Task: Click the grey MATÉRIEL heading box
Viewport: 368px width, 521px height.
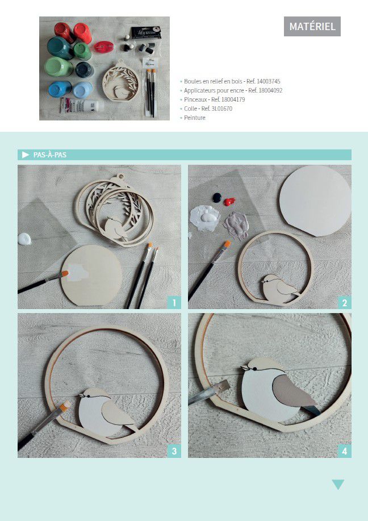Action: [x=312, y=26]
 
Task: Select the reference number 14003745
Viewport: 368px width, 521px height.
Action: [x=269, y=81]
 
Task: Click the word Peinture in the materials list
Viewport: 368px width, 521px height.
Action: [x=195, y=118]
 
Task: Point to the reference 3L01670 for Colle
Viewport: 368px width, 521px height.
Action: [x=221, y=109]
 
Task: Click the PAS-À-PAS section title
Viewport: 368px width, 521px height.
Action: [x=50, y=155]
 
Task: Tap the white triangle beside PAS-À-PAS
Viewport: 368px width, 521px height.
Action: [x=26, y=155]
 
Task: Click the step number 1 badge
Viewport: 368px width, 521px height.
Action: [x=174, y=303]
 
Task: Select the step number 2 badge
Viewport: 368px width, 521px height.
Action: [x=344, y=303]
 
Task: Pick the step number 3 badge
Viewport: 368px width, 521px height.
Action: [x=174, y=451]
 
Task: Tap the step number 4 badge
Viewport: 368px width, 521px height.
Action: [x=344, y=451]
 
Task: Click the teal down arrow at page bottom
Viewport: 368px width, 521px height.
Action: [x=338, y=485]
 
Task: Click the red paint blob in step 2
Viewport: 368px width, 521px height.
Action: [x=229, y=201]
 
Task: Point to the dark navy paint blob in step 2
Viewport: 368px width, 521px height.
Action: [x=217, y=197]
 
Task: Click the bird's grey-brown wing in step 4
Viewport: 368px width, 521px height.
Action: [x=293, y=391]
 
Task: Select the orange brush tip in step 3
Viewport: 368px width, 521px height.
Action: [x=65, y=406]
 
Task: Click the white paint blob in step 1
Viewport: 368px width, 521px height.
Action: [x=24, y=239]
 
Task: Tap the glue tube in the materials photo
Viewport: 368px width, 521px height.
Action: [x=81, y=105]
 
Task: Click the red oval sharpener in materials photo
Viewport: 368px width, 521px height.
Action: [x=103, y=47]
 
